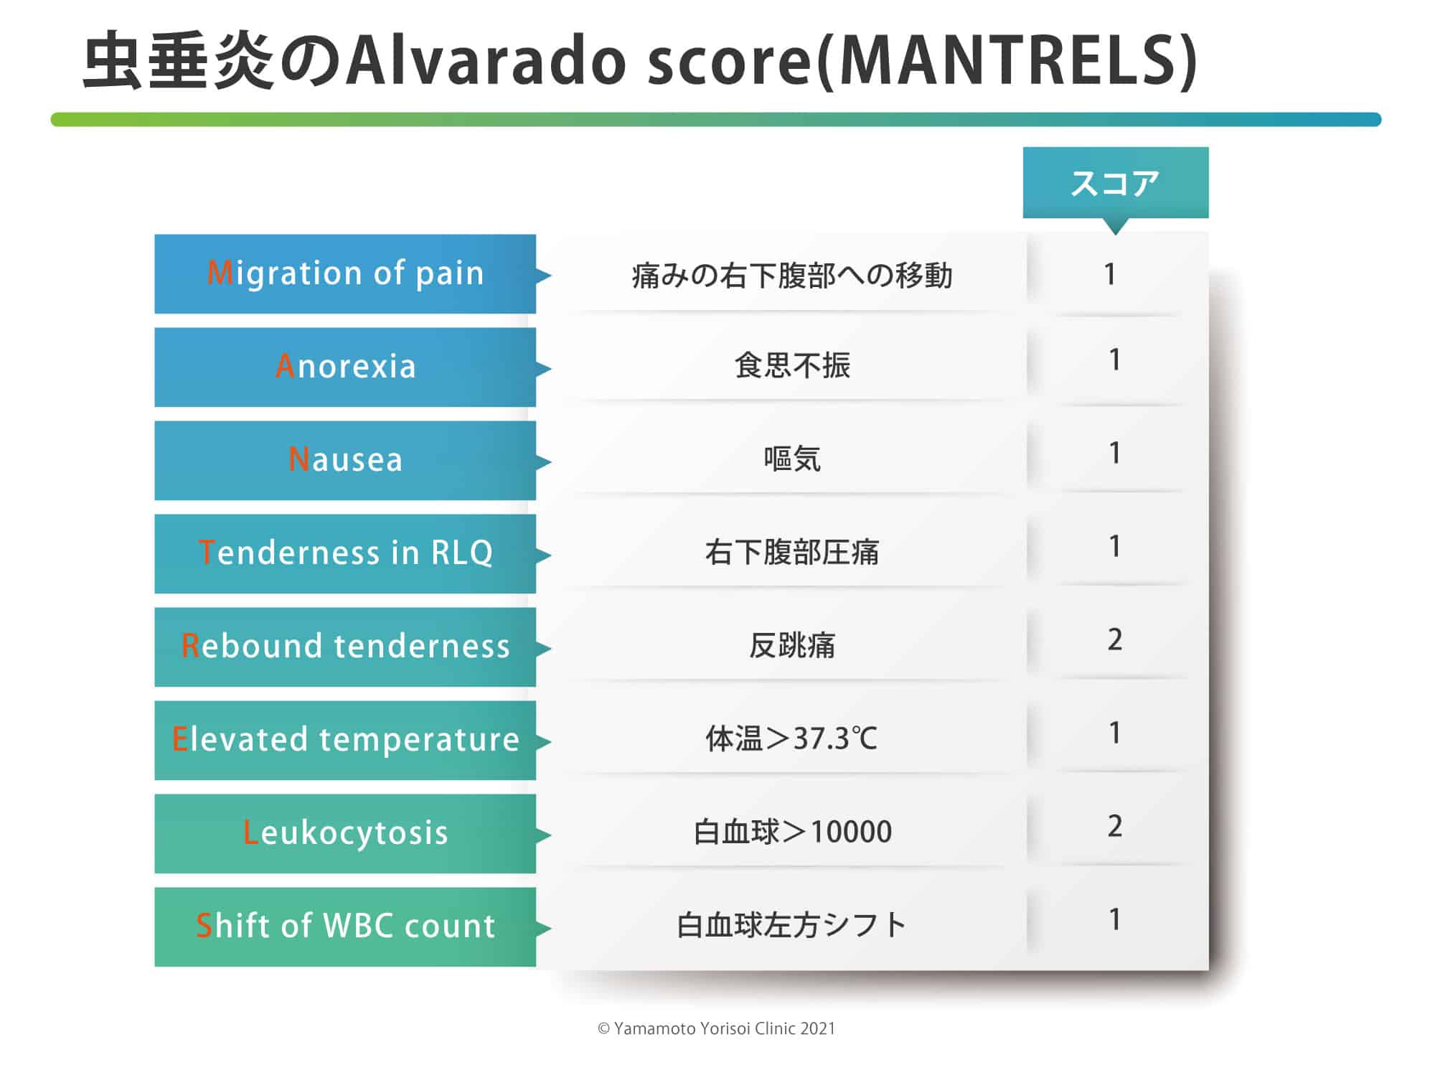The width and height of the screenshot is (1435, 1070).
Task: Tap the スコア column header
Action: click(1115, 184)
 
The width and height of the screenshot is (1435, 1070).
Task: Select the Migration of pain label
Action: click(345, 274)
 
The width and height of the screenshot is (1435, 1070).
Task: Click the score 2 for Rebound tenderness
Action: click(1114, 639)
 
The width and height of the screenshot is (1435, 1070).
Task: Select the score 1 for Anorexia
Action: click(1114, 360)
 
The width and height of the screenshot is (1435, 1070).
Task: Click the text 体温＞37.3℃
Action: click(791, 738)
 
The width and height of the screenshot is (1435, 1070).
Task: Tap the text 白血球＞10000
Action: click(792, 832)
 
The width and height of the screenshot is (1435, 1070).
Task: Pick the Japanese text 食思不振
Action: click(792, 365)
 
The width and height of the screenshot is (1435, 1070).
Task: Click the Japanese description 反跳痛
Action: click(792, 645)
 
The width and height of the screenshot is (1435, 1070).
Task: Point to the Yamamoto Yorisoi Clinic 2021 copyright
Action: click(717, 1028)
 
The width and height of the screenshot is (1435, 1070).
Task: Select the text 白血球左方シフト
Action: click(792, 925)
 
